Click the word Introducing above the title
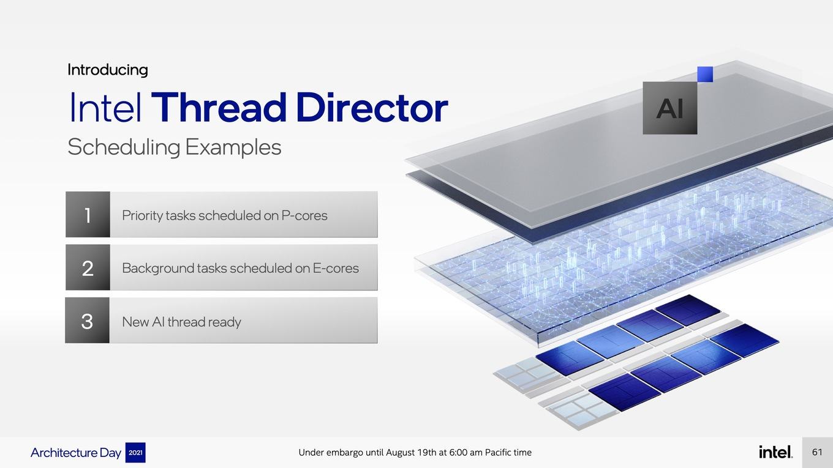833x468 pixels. point(108,70)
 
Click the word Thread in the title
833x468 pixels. point(218,107)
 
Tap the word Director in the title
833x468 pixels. point(372,107)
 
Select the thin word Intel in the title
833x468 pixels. point(105,107)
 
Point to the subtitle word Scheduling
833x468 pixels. point(124,147)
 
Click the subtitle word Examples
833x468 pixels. point(233,147)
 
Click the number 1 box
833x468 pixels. point(88,214)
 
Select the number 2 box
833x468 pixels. point(88,267)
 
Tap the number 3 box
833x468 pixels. point(88,320)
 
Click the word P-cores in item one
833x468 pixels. point(304,215)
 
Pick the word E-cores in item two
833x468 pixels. point(336,268)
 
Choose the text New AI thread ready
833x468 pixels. point(181,322)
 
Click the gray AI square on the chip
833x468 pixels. point(669,108)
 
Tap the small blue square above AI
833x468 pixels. point(705,74)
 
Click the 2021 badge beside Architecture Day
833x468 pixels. point(135,453)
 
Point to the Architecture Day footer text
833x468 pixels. point(76,453)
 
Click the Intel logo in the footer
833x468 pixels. point(775,452)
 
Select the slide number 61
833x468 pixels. point(817,452)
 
